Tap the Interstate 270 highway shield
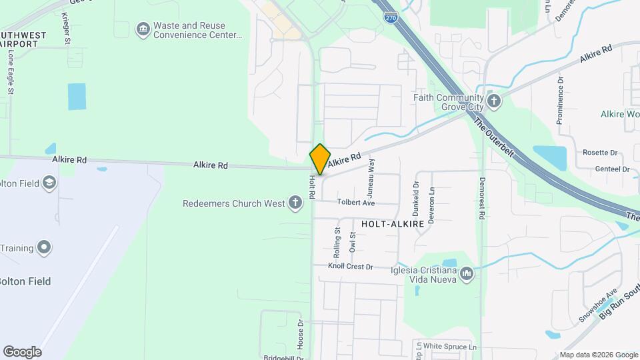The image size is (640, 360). (391, 17)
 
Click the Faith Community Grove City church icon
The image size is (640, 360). (493, 101)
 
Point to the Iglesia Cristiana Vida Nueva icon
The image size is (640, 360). (467, 273)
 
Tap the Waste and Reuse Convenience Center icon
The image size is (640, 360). (143, 29)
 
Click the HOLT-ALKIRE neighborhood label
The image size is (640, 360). (393, 225)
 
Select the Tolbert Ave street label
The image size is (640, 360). (356, 203)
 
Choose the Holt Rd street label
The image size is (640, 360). (312, 187)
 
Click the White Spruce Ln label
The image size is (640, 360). (451, 347)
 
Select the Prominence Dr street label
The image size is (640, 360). (560, 100)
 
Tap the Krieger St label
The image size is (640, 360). (65, 29)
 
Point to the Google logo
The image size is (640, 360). (22, 352)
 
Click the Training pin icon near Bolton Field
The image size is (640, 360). (44, 248)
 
